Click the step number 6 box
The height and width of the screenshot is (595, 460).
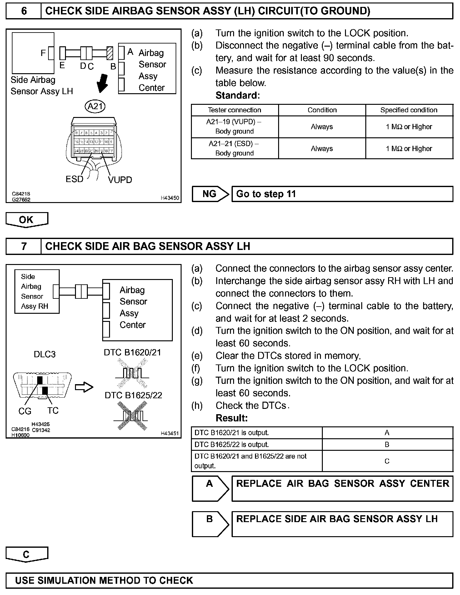point(24,11)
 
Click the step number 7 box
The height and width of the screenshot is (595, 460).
point(24,246)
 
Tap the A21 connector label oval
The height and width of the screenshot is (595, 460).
point(95,106)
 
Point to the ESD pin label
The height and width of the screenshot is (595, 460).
point(74,179)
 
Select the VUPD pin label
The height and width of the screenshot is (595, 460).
point(120,180)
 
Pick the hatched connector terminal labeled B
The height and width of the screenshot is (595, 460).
point(110,53)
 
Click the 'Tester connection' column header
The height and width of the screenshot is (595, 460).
point(234,110)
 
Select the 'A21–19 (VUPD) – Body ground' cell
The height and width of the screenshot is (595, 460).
point(234,126)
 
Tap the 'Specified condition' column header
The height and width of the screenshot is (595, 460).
point(409,110)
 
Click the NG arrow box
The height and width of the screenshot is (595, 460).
point(210,194)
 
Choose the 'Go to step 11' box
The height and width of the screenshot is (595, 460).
point(342,194)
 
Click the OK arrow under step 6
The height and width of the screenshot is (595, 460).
point(27,220)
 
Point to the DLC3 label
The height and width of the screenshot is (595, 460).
point(45,354)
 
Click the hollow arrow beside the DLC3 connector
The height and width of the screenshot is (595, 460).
point(84,387)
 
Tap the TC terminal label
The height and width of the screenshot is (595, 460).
point(53,410)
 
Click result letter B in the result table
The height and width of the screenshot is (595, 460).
point(387,445)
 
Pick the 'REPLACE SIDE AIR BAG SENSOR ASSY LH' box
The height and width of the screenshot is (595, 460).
point(342,524)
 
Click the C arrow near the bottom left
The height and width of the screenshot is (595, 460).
point(27,554)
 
